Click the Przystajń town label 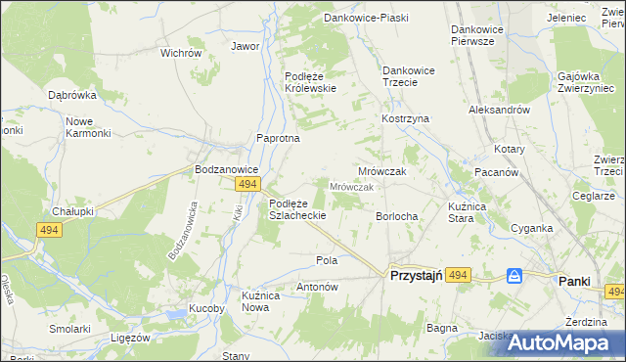click(418, 277)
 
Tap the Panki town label click(574, 281)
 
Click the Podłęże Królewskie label click(310, 82)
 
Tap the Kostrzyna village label click(405, 118)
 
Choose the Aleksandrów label click(499, 111)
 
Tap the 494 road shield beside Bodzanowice click(247, 184)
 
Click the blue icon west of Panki click(514, 277)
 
